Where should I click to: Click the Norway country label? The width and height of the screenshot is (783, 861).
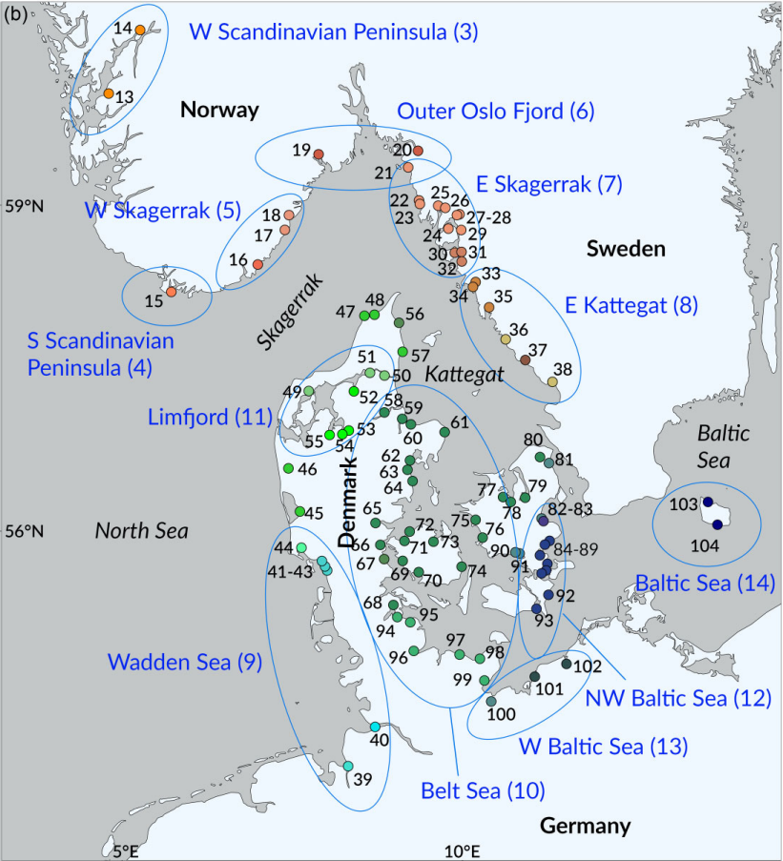coord(219,111)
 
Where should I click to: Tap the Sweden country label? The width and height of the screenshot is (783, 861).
coord(625,250)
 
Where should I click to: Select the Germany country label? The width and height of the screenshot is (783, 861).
coord(585,826)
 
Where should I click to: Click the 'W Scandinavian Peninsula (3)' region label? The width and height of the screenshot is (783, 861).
coord(334,32)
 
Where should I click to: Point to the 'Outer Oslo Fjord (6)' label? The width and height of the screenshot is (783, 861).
coord(496,111)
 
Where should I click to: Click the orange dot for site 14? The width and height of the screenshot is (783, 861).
coord(140,31)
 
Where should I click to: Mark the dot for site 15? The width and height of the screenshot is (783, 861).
coord(172,292)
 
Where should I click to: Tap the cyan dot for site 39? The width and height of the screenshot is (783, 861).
coord(348,768)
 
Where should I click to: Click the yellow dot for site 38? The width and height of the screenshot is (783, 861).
coord(552,382)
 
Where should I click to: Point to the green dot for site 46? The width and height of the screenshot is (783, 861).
coord(288,468)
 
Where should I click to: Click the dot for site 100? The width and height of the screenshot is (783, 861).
coord(490,702)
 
